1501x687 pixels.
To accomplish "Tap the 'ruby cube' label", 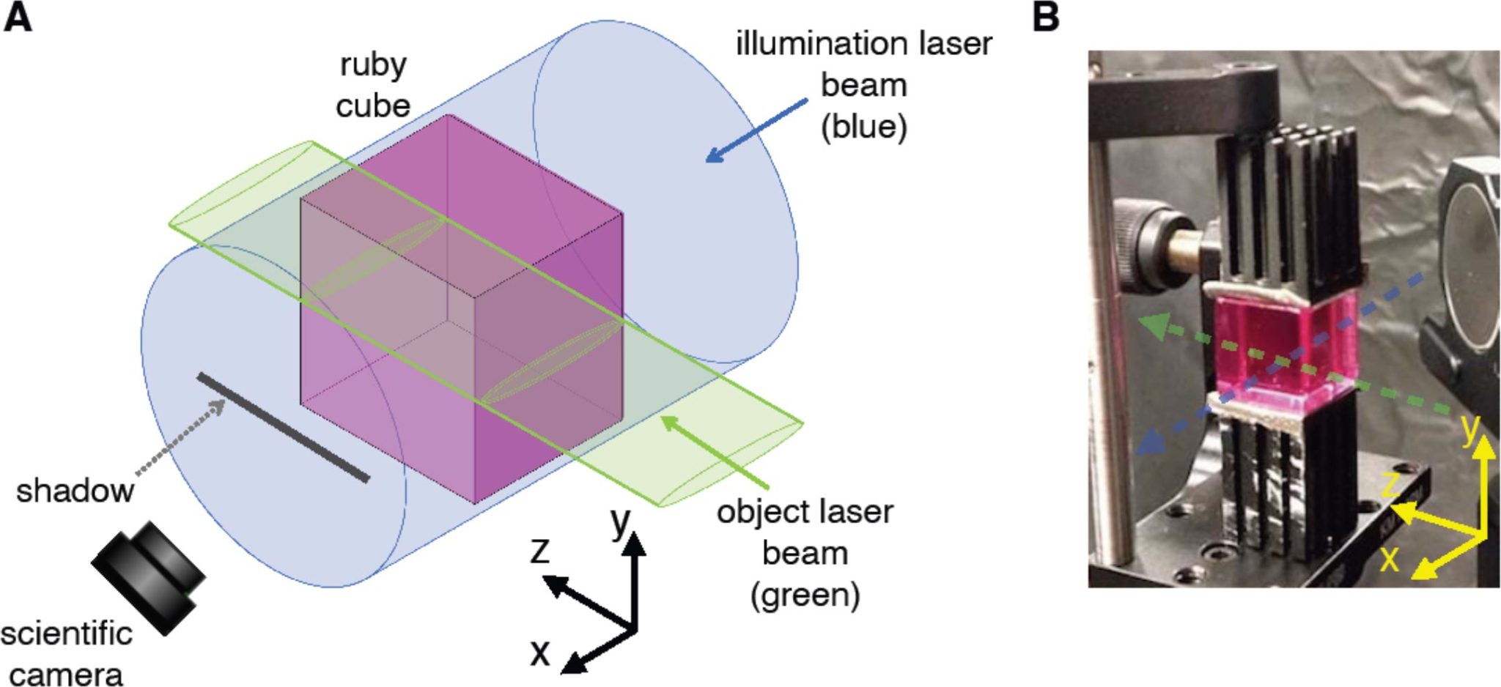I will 372,85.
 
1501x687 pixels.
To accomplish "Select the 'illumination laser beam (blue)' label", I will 863,85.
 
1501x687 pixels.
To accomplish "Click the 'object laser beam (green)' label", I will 805,553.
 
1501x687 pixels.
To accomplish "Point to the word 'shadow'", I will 75,491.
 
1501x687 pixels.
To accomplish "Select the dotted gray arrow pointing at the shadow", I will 180,439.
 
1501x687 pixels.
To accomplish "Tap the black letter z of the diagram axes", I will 540,550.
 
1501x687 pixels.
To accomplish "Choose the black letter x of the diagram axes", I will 540,651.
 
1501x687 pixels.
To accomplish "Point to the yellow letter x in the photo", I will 1390,559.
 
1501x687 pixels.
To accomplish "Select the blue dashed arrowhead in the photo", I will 1150,442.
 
